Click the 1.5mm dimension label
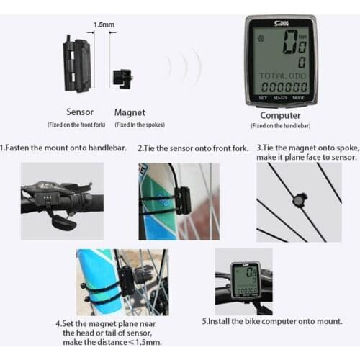(103, 24)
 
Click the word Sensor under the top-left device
(79, 112)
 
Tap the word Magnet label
(130, 112)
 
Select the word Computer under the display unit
(280, 114)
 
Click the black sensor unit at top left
(77, 65)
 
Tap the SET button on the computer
(262, 97)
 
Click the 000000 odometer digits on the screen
(283, 86)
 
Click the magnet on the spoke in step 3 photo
(297, 199)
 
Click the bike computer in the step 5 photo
(245, 280)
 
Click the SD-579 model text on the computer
(281, 97)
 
